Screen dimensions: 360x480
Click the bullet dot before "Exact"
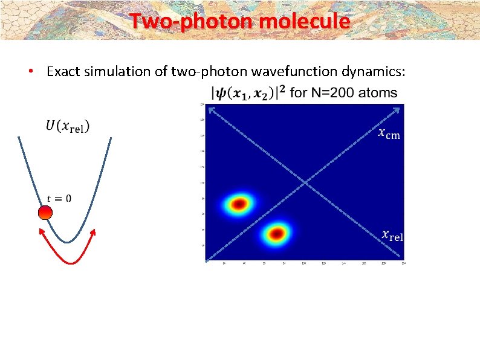[x=30, y=72]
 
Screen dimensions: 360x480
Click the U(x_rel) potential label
[x=66, y=127]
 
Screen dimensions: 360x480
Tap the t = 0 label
[x=59, y=198]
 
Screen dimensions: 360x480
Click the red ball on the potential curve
[x=45, y=213]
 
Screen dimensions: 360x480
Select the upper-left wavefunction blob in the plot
[x=239, y=204]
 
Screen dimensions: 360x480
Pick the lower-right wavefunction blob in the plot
[x=276, y=233]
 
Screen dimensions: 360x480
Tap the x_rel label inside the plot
[x=392, y=236]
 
